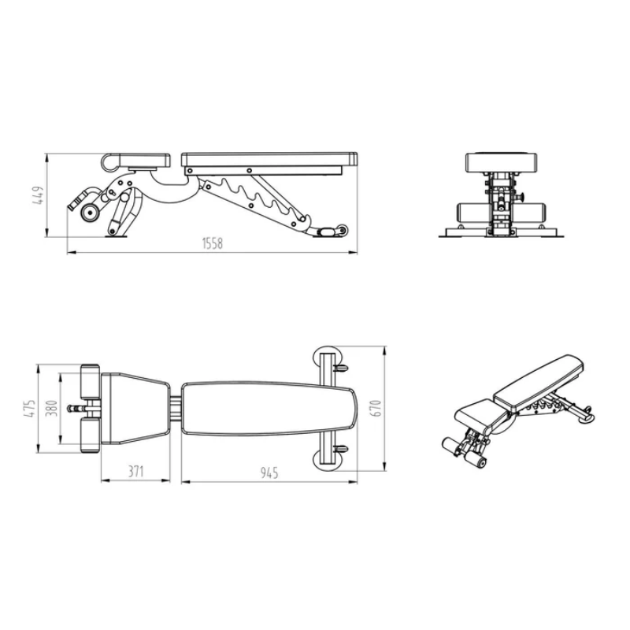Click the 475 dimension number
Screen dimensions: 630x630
(30, 408)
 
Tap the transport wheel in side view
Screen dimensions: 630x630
(342, 230)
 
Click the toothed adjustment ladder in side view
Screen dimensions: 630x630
(260, 197)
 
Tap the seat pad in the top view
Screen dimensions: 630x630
(135, 408)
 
